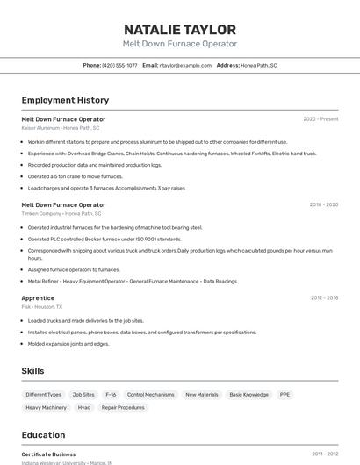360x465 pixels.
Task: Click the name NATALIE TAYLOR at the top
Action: [x=179, y=29]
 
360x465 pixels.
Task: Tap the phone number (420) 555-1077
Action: [x=119, y=65]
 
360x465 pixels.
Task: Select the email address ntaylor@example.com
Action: [x=186, y=65]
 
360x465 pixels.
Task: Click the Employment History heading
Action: [x=65, y=100]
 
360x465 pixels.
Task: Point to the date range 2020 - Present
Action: [x=320, y=119]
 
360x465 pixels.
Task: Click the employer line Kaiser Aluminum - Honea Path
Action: [x=61, y=128]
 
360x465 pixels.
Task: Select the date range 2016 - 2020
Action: [x=323, y=204]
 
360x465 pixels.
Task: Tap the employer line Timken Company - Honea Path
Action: [x=61, y=213]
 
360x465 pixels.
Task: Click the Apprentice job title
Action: [x=38, y=298]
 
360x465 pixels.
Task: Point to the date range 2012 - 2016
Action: [x=324, y=298]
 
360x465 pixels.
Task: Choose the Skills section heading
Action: [x=32, y=371]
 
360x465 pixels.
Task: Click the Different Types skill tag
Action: [x=43, y=395]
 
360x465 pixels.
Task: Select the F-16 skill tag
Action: [x=111, y=395]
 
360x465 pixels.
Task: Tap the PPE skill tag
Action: [x=284, y=395]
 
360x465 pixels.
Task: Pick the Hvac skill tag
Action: [x=84, y=407]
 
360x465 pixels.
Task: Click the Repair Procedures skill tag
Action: [x=123, y=407]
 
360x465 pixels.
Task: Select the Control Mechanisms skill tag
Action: [x=150, y=395]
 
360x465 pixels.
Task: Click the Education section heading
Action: [x=43, y=435]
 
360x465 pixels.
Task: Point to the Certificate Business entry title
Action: [x=48, y=454]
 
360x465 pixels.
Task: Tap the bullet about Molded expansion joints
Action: [x=68, y=344]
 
